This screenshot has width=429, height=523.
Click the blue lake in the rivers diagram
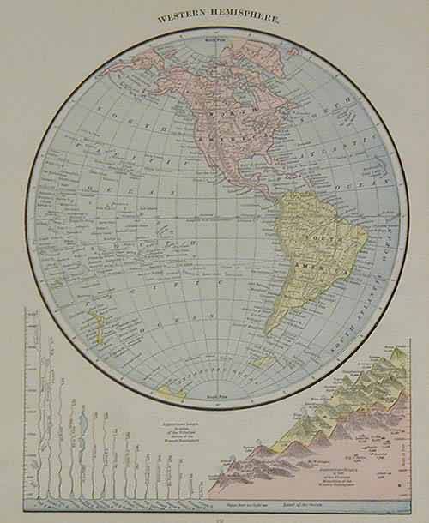tap(82, 421)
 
